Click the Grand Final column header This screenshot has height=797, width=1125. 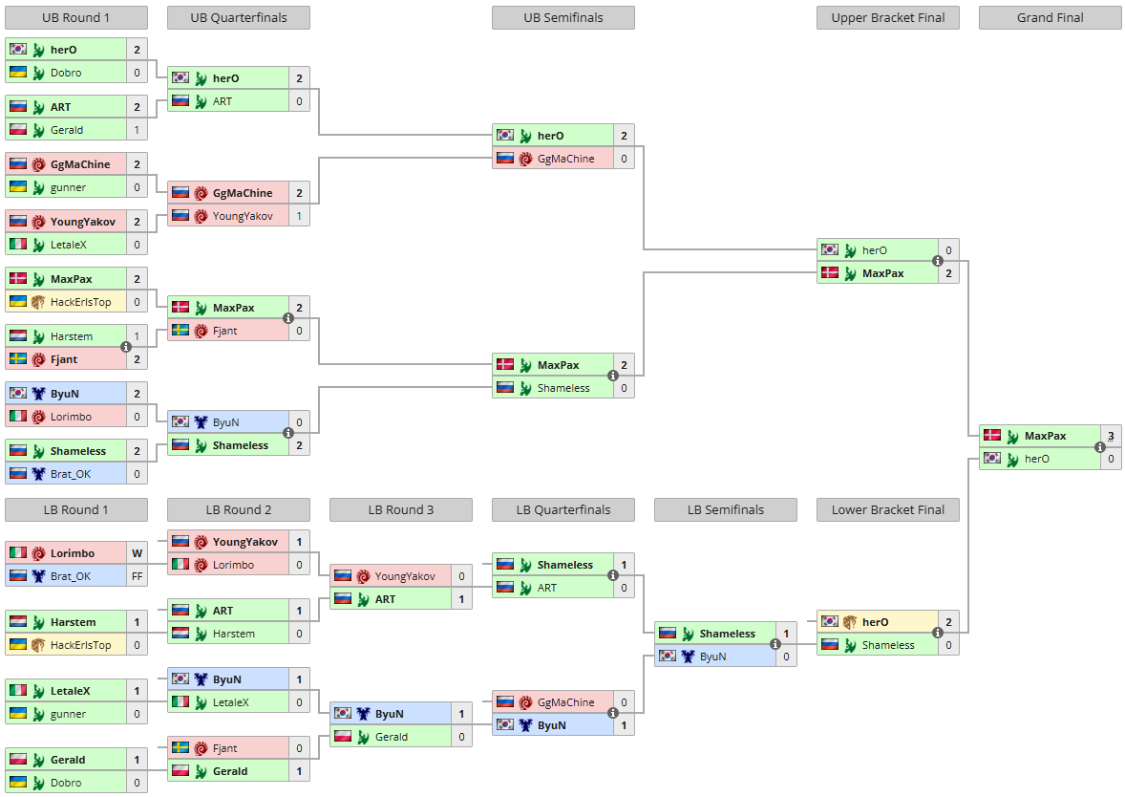1050,18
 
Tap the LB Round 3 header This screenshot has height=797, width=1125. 401,509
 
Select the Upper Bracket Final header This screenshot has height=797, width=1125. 887,18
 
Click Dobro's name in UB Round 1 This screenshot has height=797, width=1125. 66,73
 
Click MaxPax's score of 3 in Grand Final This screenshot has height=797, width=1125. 1111,436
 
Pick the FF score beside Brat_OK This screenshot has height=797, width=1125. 137,576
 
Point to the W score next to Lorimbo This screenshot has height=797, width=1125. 137,553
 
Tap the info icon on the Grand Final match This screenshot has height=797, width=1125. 1100,447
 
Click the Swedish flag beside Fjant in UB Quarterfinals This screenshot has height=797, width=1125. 180,331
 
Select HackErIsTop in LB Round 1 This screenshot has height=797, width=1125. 80,645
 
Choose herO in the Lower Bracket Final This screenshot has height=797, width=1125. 876,622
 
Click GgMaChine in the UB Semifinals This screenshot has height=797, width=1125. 566,159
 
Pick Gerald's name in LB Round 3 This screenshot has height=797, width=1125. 391,737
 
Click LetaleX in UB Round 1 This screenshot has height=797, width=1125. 68,245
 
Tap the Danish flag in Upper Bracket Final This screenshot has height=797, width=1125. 830,273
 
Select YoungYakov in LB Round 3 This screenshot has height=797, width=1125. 405,576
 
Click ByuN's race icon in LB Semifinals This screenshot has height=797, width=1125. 688,657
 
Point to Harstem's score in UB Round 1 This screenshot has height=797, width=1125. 137,336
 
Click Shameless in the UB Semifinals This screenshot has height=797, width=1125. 563,388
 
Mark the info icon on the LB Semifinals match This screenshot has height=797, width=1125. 775,644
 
